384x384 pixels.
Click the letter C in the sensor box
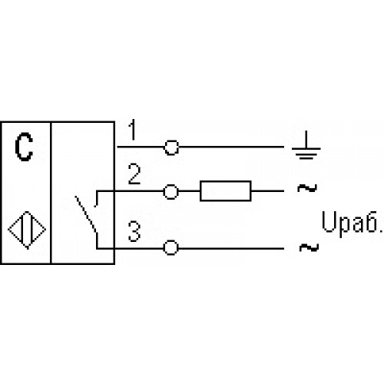24,147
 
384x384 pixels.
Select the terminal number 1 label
132,130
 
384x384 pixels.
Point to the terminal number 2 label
134,174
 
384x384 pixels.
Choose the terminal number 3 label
134,232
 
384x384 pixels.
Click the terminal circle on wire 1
171,147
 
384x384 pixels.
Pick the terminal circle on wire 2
170,191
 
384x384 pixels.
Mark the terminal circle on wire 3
170,248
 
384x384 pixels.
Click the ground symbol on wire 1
306,148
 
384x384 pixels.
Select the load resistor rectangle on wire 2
225,191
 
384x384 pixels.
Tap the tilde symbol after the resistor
307,188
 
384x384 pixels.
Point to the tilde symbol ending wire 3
309,247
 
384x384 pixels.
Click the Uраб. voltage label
352,222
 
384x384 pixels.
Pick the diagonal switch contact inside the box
86,214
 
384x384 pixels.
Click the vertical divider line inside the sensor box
51,193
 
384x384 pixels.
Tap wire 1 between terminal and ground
231,147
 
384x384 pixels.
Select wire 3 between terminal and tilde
231,248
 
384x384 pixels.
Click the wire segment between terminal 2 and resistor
189,191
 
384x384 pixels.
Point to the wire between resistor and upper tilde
267,191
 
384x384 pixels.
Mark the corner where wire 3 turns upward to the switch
98,248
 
